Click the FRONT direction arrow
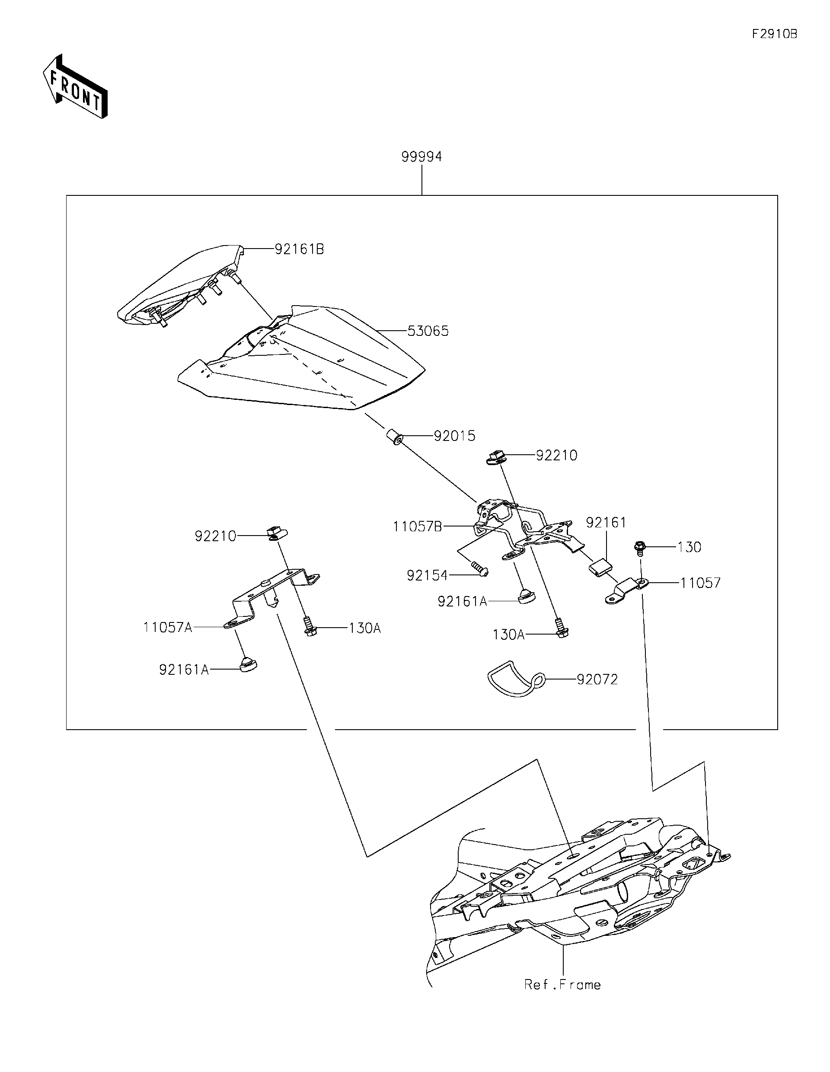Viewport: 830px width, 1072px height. (x=75, y=86)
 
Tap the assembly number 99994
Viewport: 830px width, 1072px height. (x=421, y=156)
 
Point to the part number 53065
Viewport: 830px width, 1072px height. (x=428, y=331)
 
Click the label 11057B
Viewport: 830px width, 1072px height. (x=417, y=526)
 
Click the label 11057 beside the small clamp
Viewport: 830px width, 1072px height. (x=700, y=583)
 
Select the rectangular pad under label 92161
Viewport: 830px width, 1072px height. (x=600, y=568)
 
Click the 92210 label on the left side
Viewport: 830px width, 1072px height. (x=215, y=536)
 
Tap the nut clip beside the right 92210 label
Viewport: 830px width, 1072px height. (x=497, y=457)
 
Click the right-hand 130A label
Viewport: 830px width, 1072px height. (x=508, y=635)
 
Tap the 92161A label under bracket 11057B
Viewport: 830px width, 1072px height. (x=463, y=601)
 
